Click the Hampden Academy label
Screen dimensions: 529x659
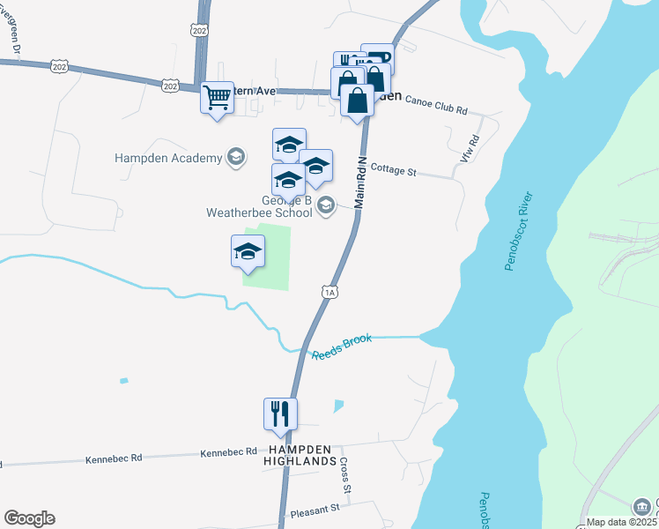[167, 159]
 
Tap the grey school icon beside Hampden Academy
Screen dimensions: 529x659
[235, 158]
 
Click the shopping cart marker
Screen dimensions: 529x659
[217, 99]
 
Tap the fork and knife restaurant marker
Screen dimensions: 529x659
[280, 414]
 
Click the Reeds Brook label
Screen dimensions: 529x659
[342, 347]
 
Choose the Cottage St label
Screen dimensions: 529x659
[393, 169]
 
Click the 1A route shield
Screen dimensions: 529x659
[329, 292]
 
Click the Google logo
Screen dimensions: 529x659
[29, 518]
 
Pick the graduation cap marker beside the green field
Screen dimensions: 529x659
[248, 251]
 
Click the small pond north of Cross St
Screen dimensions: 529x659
[338, 406]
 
